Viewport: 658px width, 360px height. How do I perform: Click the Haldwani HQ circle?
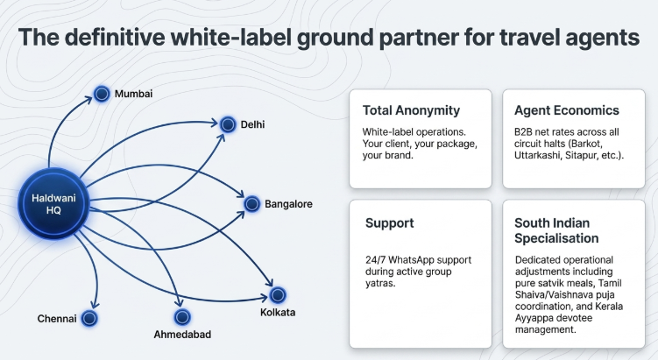pos(53,204)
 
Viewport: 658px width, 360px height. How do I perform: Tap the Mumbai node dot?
pos(102,94)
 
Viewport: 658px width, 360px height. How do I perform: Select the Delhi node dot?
pos(228,124)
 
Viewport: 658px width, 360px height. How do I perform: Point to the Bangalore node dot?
pos(251,204)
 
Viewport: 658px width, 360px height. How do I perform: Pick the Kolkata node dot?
pos(278,295)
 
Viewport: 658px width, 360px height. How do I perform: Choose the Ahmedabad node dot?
pos(182,317)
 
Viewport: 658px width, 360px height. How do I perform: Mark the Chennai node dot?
pos(89,319)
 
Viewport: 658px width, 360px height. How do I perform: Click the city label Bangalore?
pos(288,204)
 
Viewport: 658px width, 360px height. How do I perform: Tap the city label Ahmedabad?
pos(182,335)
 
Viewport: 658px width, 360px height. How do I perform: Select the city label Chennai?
pos(57,319)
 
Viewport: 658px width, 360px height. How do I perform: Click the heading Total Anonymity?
pos(411,110)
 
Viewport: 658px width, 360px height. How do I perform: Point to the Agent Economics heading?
pos(567,110)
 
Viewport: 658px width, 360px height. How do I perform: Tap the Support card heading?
pos(389,223)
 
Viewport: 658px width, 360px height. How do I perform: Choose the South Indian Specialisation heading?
pos(556,230)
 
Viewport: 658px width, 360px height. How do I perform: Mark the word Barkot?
pos(588,144)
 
